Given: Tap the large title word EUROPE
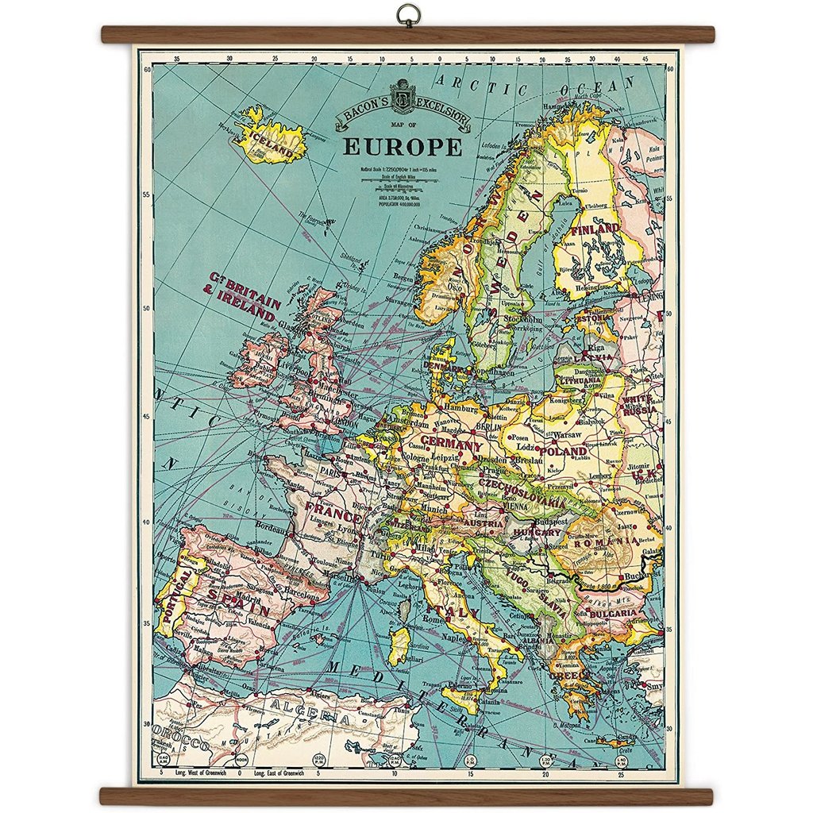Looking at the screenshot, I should pyautogui.click(x=403, y=148).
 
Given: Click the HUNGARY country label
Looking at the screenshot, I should pyautogui.click(x=537, y=532).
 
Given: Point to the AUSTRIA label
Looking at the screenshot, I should pyautogui.click(x=482, y=524).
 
